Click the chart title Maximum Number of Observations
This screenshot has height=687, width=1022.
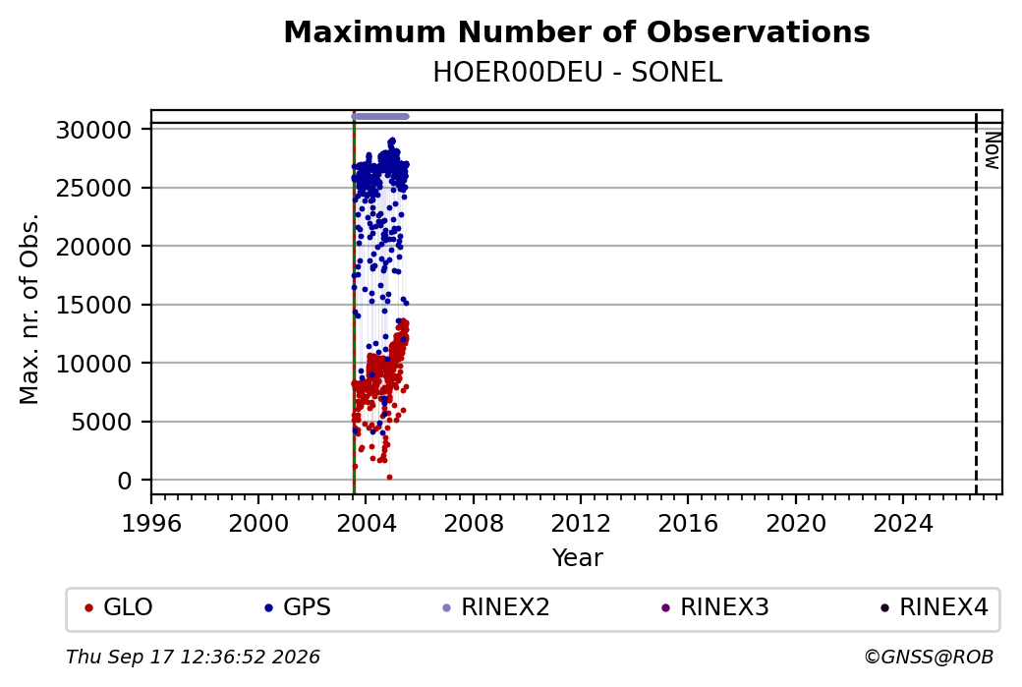pos(577,31)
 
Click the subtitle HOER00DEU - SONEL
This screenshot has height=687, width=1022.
pos(578,73)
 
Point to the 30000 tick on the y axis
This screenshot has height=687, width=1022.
pos(94,130)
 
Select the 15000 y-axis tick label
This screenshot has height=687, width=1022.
pos(94,305)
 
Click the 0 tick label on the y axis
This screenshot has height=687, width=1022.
pos(125,481)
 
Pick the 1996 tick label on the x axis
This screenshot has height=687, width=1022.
pos(151,523)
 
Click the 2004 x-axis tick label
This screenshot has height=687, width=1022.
pos(367,523)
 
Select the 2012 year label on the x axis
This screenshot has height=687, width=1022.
pos(581,523)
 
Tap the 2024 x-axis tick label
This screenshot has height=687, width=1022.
pos(903,523)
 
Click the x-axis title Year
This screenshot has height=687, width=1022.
pos(578,558)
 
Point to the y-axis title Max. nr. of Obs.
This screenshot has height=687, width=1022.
pos(29,309)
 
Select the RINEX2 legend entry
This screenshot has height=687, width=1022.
pos(496,607)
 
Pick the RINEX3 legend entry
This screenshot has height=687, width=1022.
pos(715,607)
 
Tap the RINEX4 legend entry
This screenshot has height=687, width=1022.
pos(934,607)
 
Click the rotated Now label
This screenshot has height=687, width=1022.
pos(992,150)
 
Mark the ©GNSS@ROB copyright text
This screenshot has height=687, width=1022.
pos(929,657)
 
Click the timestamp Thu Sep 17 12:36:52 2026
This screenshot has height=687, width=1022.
pos(193,657)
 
